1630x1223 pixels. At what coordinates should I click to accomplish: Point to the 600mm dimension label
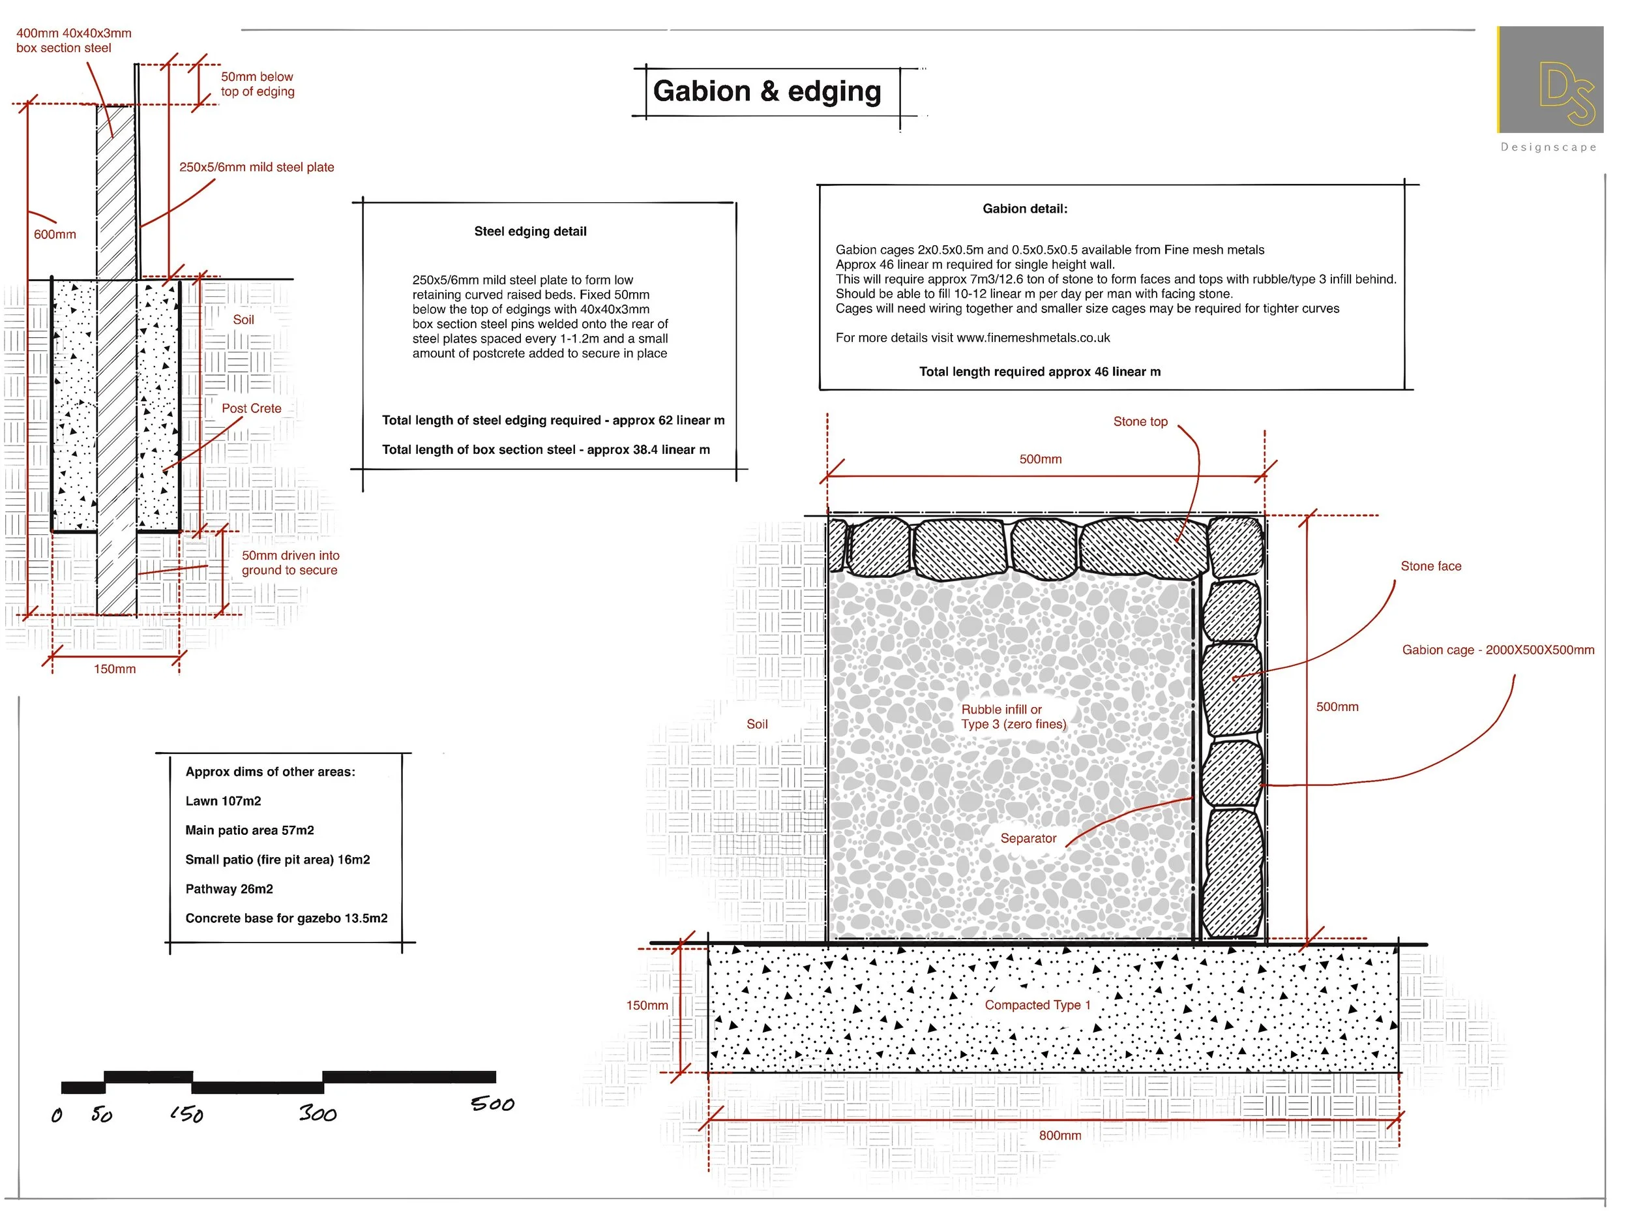[55, 234]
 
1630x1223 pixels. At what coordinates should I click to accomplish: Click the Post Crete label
[251, 408]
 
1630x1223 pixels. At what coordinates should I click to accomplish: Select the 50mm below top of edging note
[257, 84]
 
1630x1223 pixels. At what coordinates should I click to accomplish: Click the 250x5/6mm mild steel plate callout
[256, 168]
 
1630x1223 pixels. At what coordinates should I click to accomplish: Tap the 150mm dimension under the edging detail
[114, 669]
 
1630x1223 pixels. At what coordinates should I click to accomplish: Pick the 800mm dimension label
[1059, 1136]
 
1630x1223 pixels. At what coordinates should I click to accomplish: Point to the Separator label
[1028, 839]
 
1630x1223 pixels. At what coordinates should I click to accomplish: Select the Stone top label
[1140, 421]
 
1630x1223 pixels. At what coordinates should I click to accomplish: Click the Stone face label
[1430, 566]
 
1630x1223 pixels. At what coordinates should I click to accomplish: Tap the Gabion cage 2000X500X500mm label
[1498, 650]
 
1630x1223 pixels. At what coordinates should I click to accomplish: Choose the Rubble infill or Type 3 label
[1013, 717]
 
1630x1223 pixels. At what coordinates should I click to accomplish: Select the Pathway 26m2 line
[229, 889]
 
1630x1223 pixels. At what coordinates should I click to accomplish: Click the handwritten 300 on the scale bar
[318, 1114]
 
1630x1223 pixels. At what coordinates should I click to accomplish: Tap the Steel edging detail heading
[530, 232]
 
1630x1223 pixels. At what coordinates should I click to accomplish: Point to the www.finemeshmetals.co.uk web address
[1033, 339]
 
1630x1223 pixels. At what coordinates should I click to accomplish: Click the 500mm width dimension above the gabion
[1040, 459]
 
